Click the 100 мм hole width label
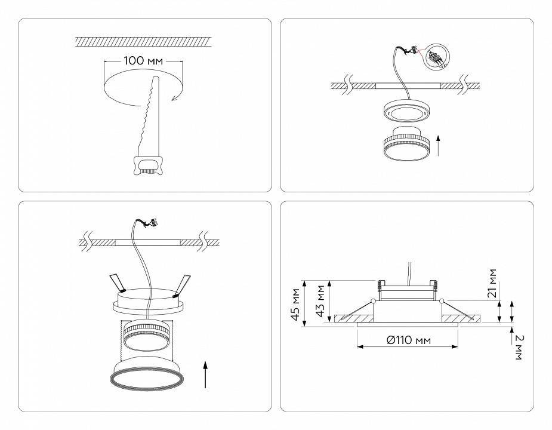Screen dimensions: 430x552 144,61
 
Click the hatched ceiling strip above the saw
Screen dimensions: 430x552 144,41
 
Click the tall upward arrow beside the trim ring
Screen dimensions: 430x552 206,374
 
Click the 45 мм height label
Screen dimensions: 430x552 295,303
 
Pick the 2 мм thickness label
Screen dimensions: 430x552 519,347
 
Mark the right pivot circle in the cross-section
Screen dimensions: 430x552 441,300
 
